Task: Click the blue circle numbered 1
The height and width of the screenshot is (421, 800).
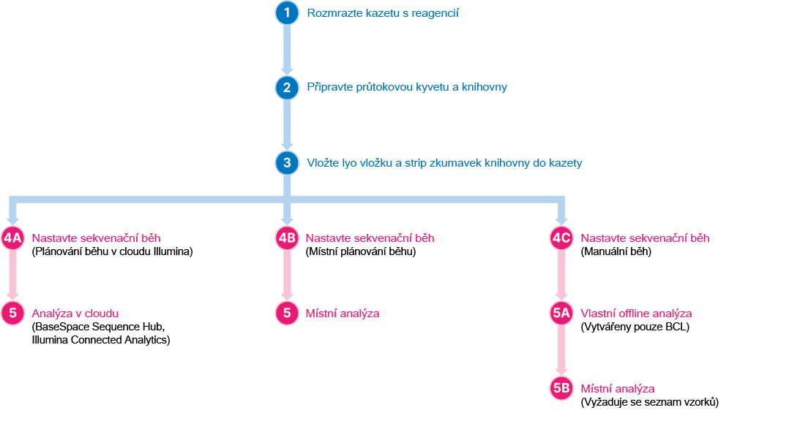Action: click(287, 13)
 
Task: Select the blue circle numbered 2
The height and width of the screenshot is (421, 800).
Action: click(287, 88)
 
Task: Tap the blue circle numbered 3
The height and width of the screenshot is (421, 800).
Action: click(287, 163)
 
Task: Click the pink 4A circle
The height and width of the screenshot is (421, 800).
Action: click(13, 238)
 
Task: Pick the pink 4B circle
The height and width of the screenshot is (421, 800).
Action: click(287, 238)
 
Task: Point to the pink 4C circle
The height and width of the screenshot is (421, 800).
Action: click(561, 238)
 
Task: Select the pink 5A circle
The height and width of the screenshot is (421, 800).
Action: click(561, 314)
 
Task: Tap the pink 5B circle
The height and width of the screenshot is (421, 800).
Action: click(561, 389)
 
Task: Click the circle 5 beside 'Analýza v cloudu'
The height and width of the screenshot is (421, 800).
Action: click(13, 314)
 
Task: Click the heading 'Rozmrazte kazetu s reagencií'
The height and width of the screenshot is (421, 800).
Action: click(383, 13)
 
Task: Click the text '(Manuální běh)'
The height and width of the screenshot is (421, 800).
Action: click(616, 251)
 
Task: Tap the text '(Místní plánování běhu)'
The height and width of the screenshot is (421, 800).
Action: click(361, 251)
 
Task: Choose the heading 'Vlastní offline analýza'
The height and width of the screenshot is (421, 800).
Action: click(636, 314)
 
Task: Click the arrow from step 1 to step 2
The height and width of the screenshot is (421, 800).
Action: click(287, 50)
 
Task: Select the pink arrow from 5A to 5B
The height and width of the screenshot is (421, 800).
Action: click(561, 351)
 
